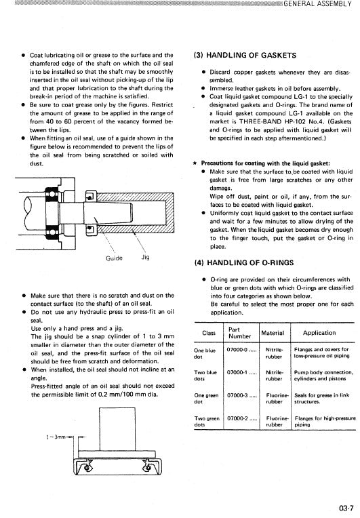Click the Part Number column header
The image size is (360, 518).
[x=239, y=333]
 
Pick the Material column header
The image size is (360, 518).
[x=274, y=333]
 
